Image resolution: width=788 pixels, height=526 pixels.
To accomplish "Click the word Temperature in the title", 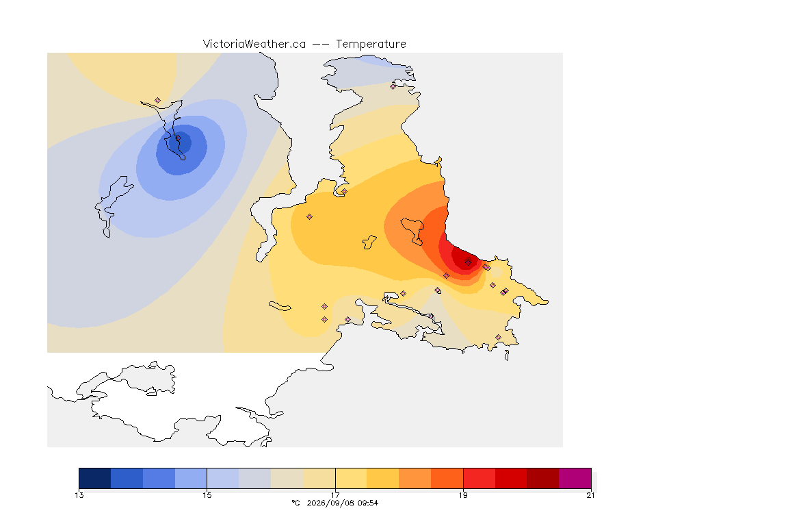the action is point(371,44).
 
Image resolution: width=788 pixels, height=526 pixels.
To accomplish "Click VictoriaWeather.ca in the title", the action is point(254,44).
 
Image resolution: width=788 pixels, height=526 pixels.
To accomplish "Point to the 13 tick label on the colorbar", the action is point(79,495).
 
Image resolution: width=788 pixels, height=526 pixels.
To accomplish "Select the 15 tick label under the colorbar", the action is point(207,495).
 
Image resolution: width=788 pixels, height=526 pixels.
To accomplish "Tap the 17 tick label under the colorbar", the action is point(335,495).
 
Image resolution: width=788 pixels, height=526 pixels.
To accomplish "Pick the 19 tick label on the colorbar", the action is point(463,495).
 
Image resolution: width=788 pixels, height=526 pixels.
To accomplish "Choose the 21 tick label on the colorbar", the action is point(590,495).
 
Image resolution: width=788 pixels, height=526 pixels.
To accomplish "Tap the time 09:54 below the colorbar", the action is point(367,503).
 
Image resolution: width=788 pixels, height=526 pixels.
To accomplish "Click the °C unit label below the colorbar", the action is point(295,503).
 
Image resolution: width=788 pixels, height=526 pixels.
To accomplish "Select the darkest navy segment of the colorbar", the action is point(95,478).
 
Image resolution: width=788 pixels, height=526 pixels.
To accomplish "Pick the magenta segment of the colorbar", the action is point(575,478).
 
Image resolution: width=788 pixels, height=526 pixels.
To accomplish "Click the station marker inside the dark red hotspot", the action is point(468,262).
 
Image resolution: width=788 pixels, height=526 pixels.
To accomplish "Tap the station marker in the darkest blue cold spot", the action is point(178,138).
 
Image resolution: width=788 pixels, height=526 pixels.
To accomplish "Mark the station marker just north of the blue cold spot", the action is point(158,101).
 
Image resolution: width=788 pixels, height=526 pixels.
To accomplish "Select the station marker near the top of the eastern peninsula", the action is point(393,86).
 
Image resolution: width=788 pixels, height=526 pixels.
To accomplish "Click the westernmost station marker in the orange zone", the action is point(310,217).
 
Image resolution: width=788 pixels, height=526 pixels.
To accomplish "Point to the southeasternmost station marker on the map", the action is point(498,337).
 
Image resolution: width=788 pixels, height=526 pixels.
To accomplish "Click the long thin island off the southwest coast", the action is point(280,306).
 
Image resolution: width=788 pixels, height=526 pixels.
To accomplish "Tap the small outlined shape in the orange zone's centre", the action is point(369,242).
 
